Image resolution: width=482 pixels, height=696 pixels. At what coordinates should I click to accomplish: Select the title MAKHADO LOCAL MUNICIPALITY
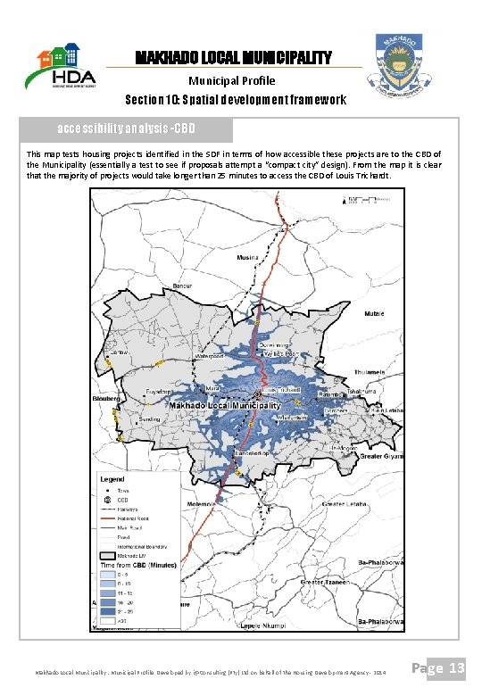point(233,58)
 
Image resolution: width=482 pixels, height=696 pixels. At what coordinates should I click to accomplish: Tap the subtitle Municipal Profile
point(234,80)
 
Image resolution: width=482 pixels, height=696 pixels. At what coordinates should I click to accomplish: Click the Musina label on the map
point(247,257)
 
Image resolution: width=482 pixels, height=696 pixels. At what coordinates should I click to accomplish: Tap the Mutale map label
point(375,314)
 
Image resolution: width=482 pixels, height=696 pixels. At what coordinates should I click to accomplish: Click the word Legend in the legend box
point(115,479)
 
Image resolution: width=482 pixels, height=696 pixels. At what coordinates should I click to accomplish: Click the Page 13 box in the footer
point(444,668)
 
